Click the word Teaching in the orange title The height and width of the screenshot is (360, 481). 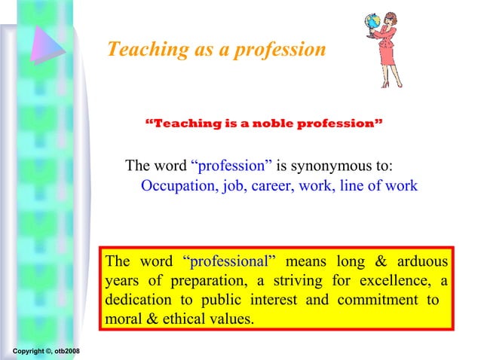point(139,50)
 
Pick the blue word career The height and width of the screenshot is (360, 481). point(273,186)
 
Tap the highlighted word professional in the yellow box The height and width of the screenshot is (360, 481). point(229,262)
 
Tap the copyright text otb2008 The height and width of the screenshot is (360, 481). point(72,352)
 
